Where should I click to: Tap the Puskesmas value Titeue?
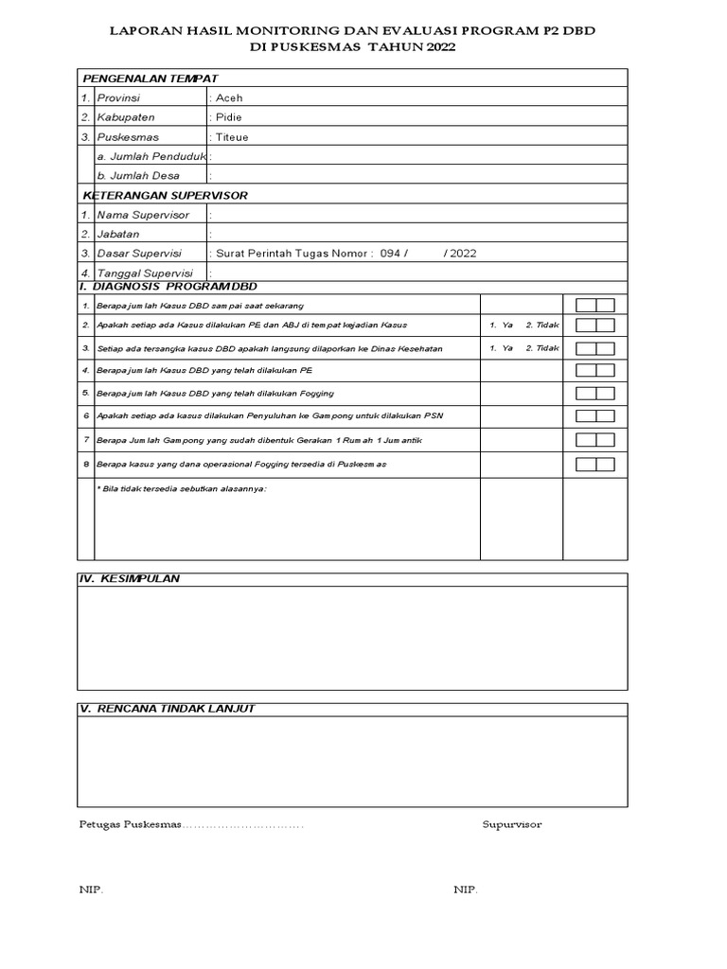click(232, 136)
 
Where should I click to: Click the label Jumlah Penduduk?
click(151, 156)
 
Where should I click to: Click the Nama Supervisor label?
click(143, 215)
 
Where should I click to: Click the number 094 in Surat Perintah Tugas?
click(390, 254)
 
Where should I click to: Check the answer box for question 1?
click(594, 305)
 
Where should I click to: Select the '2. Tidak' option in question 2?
click(542, 325)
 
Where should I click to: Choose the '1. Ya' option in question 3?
click(501, 348)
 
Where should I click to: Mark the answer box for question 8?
click(594, 464)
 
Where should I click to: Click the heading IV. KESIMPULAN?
click(130, 578)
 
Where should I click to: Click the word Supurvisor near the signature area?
click(511, 824)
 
